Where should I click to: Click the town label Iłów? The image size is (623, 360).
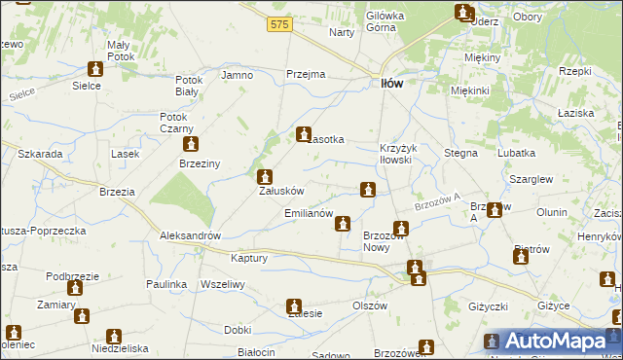click(x=390, y=84)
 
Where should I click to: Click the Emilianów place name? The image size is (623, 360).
click(x=310, y=213)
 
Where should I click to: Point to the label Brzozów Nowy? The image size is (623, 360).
click(x=384, y=241)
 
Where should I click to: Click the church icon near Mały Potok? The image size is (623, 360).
click(x=95, y=69)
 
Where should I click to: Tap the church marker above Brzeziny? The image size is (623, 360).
click(x=190, y=143)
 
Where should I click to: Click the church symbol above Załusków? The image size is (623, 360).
click(x=264, y=177)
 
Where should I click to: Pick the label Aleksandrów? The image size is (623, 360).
click(x=192, y=236)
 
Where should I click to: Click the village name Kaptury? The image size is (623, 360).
click(x=249, y=258)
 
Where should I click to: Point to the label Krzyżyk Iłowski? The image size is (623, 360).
click(x=397, y=154)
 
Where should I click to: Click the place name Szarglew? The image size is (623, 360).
click(x=532, y=180)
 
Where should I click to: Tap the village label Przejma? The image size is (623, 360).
click(x=305, y=74)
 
